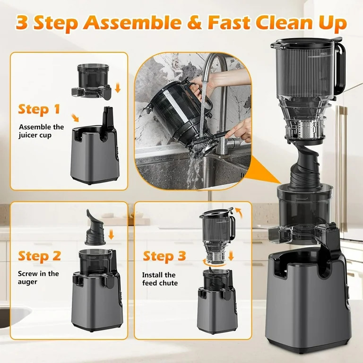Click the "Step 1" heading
click(39, 109)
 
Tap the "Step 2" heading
click(40, 256)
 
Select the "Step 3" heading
click(164, 256)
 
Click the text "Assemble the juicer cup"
click(41, 131)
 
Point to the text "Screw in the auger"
click(38, 277)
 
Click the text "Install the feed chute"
click(160, 279)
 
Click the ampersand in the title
click(194, 22)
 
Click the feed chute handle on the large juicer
click(339, 71)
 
